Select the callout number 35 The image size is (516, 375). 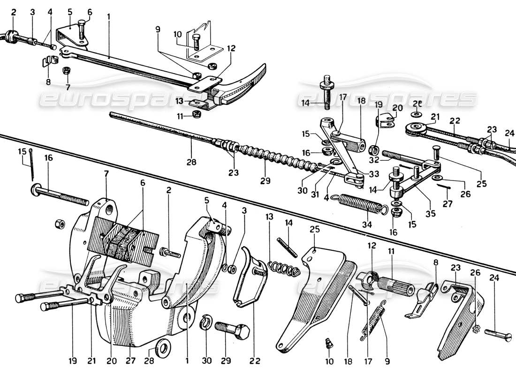coord(430,214)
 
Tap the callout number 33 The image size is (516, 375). coord(374,173)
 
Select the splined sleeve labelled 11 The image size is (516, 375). coord(396,283)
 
